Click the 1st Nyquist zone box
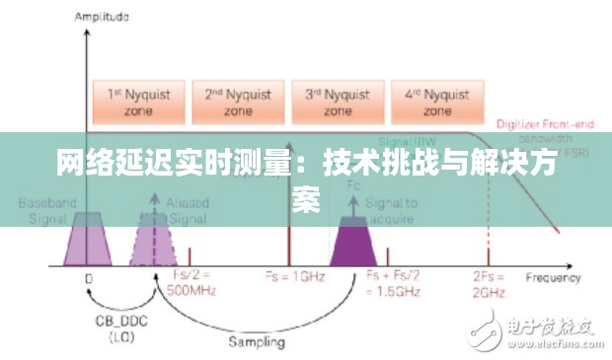tap(138, 102)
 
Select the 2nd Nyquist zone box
tap(237, 102)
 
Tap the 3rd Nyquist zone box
tap(336, 102)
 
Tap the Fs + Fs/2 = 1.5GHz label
tap(394, 283)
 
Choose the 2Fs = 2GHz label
tap(489, 283)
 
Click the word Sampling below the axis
tap(256, 342)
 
